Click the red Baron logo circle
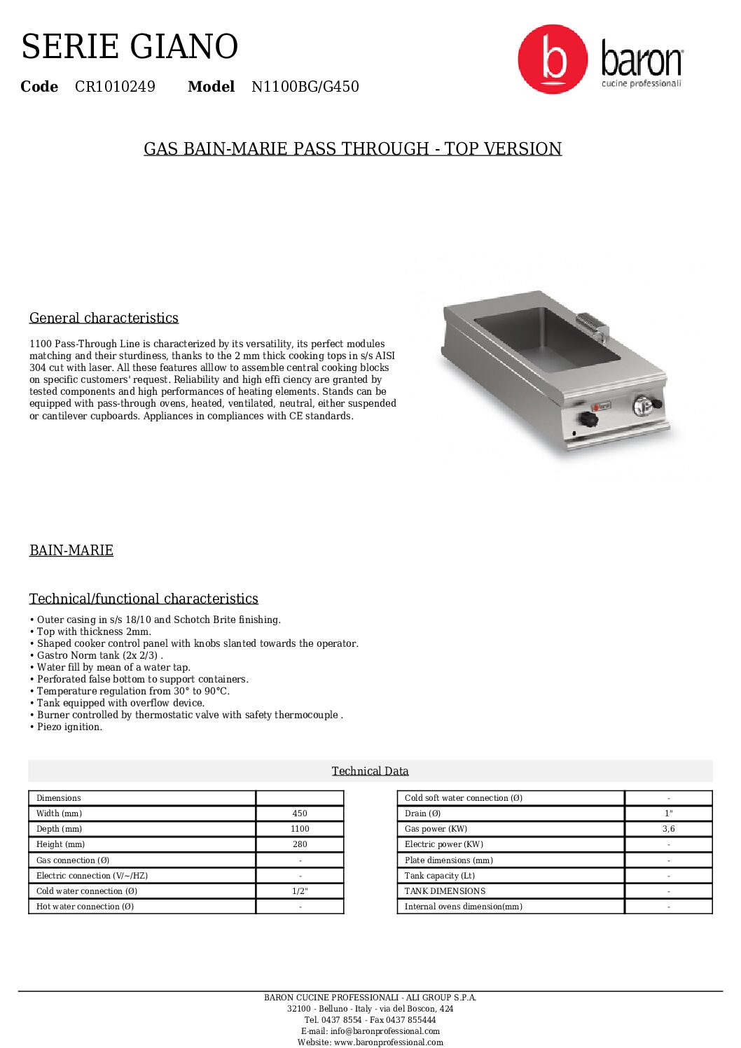[x=553, y=60]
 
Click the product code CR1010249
[x=115, y=87]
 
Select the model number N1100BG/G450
[x=305, y=87]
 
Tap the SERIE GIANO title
[x=130, y=46]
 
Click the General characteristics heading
[x=104, y=318]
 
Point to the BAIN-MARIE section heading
[x=71, y=550]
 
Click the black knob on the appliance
[x=588, y=419]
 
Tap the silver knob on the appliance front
[x=643, y=405]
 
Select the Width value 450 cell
[x=300, y=813]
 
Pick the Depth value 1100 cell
[x=300, y=829]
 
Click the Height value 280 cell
[x=300, y=844]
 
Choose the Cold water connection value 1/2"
[x=300, y=891]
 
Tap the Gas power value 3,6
[x=668, y=829]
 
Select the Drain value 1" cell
[x=668, y=813]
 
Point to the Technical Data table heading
[x=370, y=771]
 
